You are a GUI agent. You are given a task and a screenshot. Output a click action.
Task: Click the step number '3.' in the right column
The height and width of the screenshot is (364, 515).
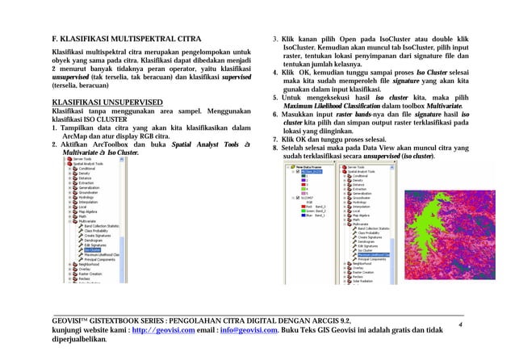275,39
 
